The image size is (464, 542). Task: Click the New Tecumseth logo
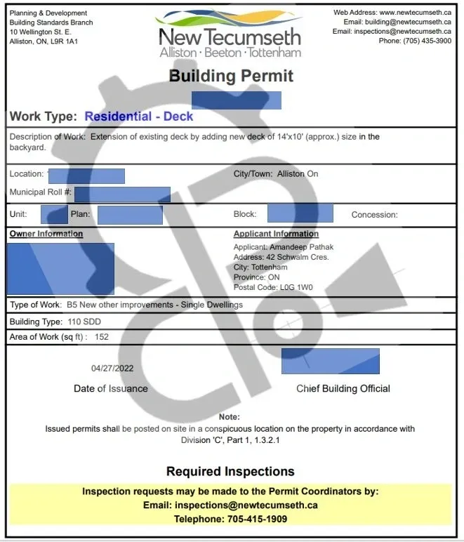point(230,34)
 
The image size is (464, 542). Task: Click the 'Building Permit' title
point(231,76)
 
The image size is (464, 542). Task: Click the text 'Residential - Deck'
point(139,117)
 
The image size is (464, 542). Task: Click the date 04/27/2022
point(112,368)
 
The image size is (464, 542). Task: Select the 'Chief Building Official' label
point(343,388)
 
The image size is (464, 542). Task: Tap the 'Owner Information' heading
point(46,234)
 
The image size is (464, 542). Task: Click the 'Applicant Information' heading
point(276,234)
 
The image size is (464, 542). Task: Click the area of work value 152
point(102,337)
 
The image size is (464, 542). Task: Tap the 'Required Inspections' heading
point(230,471)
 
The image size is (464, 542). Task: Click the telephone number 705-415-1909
point(257,519)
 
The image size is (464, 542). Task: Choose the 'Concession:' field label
point(374,215)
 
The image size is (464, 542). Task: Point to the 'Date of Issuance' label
point(111,388)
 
